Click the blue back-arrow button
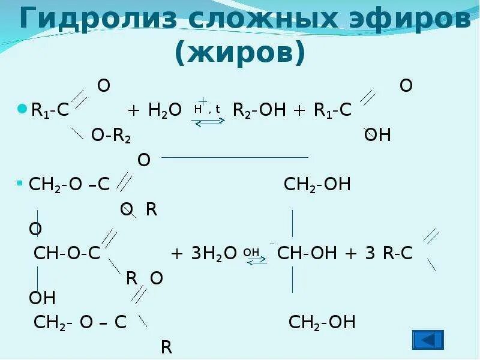click(428, 340)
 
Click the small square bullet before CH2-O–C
click(20, 182)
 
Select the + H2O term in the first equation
click(154, 111)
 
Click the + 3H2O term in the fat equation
click(205, 253)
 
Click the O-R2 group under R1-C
click(111, 136)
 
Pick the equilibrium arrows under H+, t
click(208, 121)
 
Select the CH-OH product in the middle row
click(307, 253)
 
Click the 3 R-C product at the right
click(389, 253)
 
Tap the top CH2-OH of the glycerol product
click(317, 184)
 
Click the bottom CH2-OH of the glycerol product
click(322, 322)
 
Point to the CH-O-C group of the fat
click(67, 253)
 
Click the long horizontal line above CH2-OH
click(235, 157)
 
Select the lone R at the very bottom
click(166, 346)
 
